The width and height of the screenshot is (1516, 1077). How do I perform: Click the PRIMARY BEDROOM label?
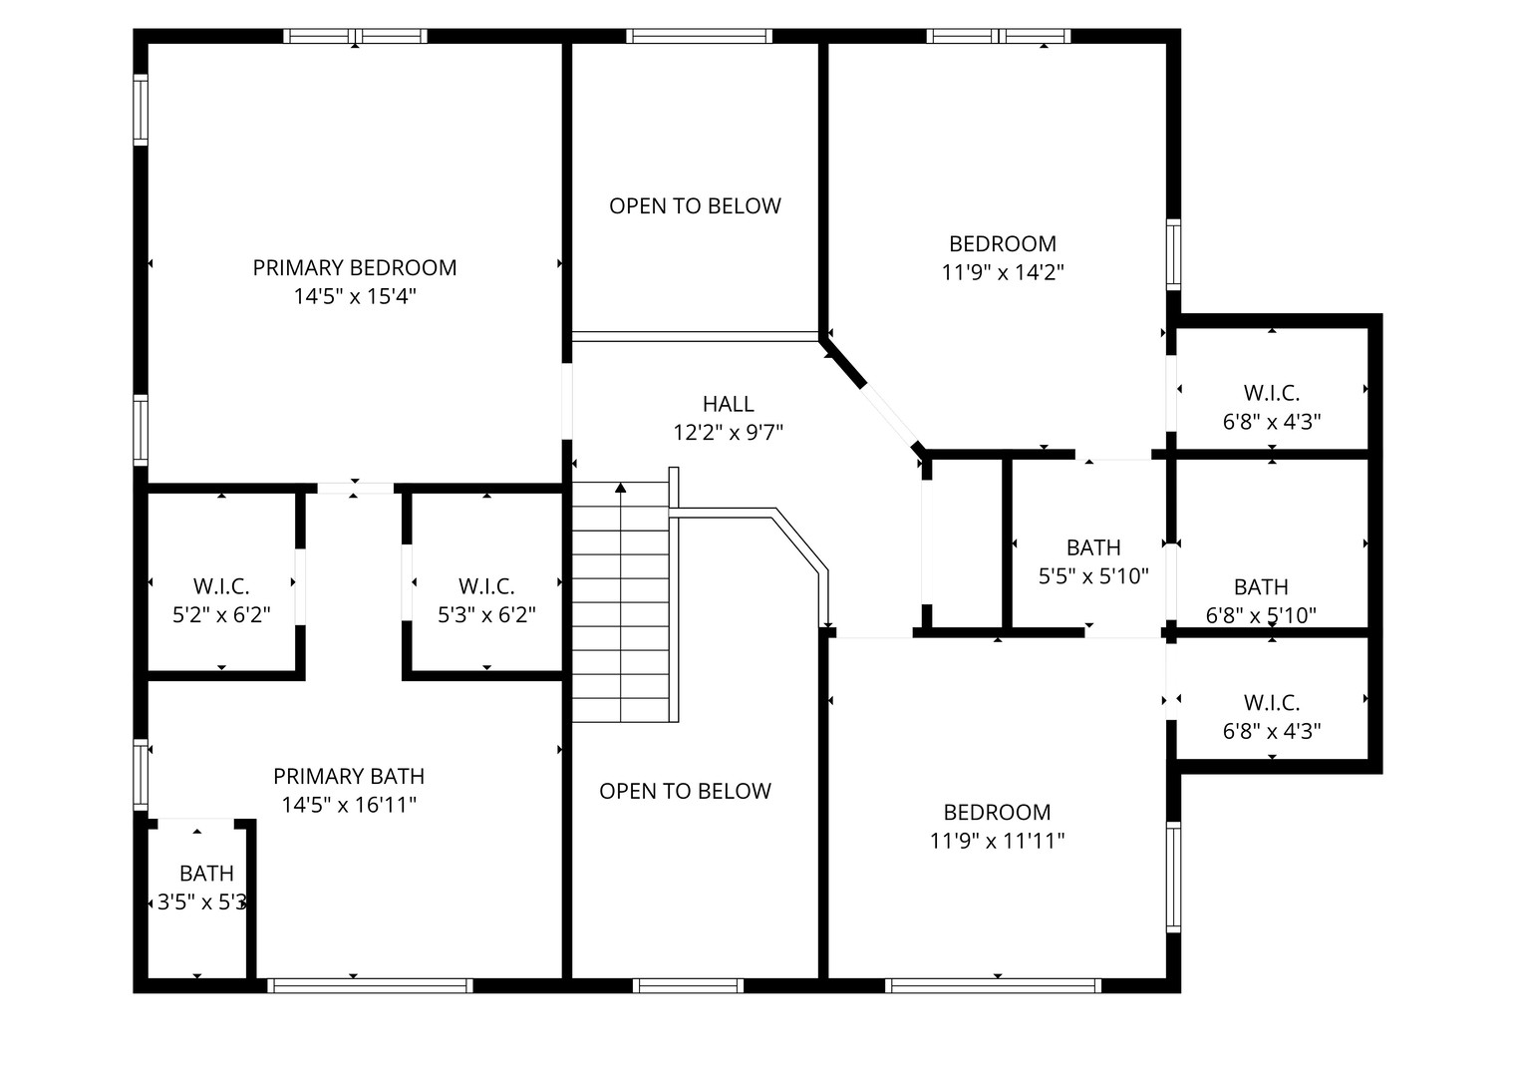(354, 267)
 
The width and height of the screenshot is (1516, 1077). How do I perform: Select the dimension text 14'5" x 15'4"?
(354, 296)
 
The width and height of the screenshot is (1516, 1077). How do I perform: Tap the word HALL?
(728, 404)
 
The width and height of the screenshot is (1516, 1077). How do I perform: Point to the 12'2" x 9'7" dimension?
(728, 433)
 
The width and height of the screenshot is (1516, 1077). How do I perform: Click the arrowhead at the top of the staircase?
(621, 488)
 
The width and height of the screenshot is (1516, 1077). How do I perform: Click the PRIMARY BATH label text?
(349, 776)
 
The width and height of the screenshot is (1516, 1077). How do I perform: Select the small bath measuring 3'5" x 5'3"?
(205, 889)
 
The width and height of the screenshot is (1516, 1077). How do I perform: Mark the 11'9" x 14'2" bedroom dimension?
(1003, 272)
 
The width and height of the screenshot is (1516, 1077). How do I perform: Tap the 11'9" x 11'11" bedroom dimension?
(997, 841)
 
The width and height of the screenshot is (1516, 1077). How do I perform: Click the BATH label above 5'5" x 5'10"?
(1093, 547)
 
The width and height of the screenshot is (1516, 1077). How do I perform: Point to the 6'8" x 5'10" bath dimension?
(1261, 615)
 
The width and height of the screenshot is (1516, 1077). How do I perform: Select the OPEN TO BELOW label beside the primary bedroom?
(695, 206)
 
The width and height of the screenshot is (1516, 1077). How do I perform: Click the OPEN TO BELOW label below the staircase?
(685, 791)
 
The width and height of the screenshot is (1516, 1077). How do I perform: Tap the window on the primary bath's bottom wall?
(370, 985)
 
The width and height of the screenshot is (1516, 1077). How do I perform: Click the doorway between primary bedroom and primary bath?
(356, 488)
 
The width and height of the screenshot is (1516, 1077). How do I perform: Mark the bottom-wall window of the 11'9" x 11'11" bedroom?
(993, 985)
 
